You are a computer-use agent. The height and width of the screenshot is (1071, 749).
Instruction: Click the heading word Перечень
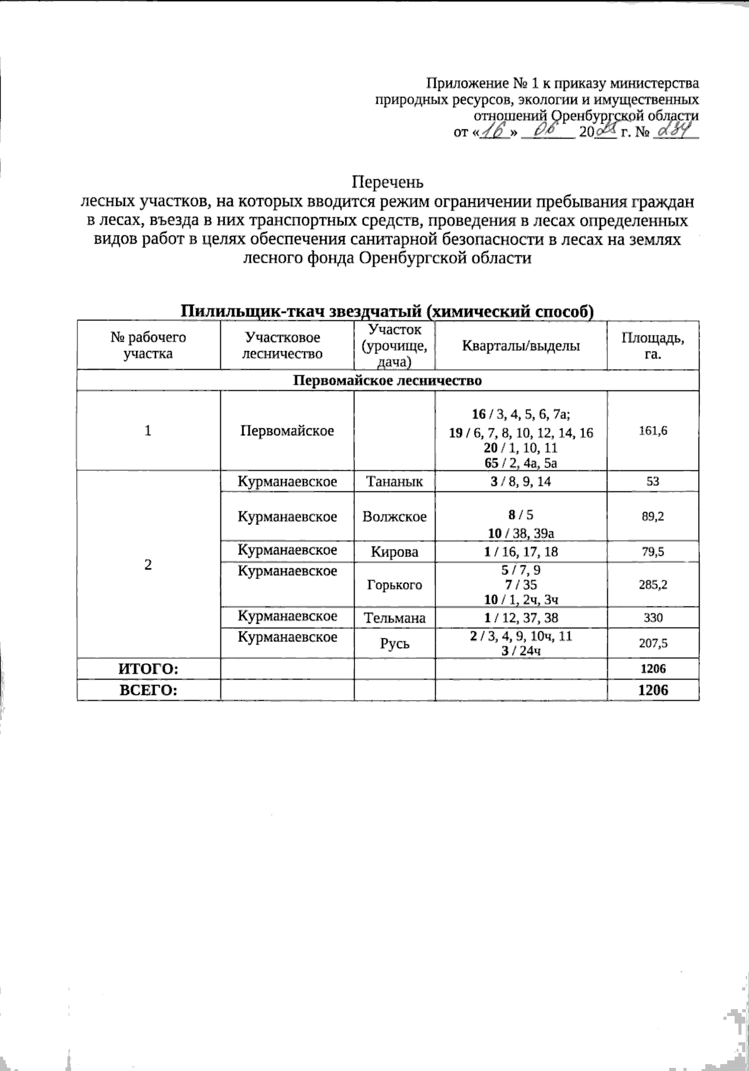click(388, 182)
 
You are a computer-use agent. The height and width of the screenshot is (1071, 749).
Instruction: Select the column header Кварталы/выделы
click(521, 345)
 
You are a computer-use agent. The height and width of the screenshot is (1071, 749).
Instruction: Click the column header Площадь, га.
click(652, 345)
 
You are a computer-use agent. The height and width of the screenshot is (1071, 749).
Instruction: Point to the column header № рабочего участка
click(149, 345)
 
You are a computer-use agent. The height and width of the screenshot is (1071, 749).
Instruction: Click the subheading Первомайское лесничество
click(388, 380)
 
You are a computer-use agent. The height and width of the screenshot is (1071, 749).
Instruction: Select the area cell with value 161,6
click(652, 431)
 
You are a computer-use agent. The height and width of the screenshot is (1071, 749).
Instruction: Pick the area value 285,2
click(652, 585)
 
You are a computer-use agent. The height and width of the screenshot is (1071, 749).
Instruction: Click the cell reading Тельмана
click(394, 618)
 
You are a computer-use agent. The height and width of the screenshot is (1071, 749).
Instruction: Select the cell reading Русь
click(394, 643)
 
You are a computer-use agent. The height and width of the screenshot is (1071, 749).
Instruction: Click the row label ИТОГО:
click(149, 669)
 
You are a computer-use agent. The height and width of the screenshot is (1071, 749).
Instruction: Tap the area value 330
click(652, 618)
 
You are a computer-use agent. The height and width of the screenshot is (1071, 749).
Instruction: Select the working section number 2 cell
click(148, 565)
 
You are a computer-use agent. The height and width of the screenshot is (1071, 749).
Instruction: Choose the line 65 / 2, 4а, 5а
click(521, 463)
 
